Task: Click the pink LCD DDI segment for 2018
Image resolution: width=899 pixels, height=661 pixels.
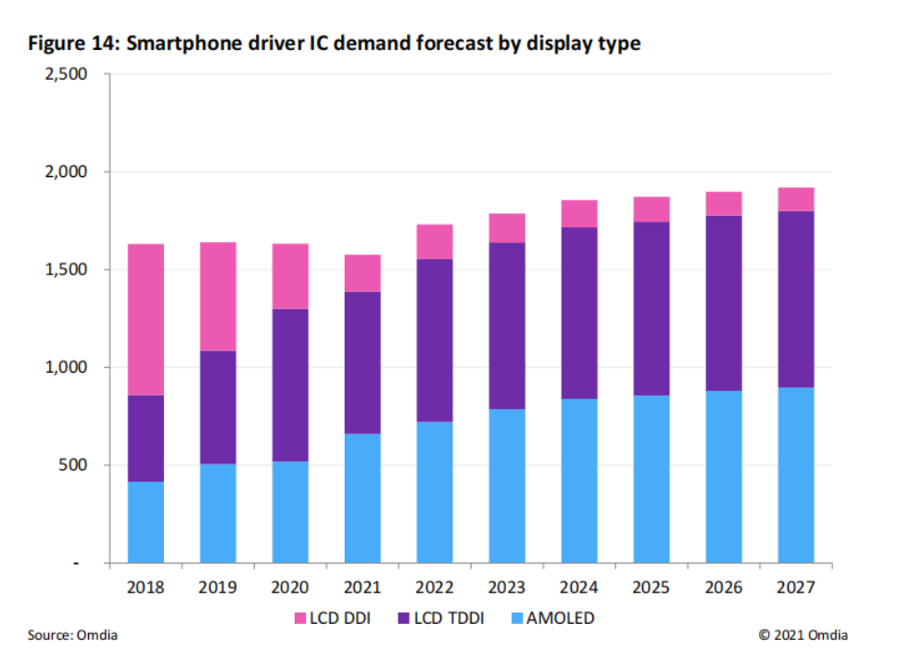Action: tap(146, 320)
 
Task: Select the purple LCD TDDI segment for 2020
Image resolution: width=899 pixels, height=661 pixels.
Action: tap(290, 385)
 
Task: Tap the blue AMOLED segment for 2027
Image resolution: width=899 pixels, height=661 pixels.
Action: tap(795, 475)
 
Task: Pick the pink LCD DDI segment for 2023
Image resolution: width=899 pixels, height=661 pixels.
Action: tap(507, 228)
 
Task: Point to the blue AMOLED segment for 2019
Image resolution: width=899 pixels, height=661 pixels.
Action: tap(218, 513)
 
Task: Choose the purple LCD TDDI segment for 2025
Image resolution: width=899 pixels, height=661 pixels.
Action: tap(652, 309)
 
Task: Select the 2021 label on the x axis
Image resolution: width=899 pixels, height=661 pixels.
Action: tap(362, 588)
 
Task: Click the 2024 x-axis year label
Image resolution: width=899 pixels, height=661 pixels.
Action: tap(579, 588)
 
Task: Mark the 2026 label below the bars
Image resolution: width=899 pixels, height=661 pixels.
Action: tap(724, 588)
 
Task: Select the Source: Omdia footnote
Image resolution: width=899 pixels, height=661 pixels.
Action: tap(72, 635)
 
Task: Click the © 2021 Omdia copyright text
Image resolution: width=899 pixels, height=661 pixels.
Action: tap(803, 635)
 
